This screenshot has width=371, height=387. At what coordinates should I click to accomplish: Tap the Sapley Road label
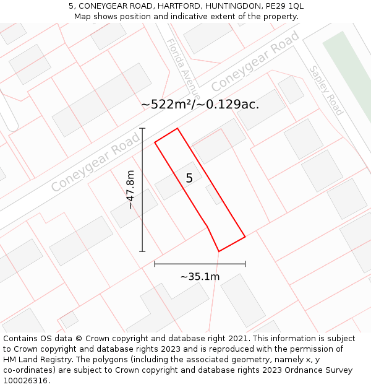click(x=326, y=90)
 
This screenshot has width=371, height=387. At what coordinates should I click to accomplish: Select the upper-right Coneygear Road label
click(x=255, y=61)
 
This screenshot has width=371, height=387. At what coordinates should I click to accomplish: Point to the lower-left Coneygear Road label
click(x=95, y=163)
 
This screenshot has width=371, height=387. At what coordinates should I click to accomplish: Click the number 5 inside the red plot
click(x=189, y=178)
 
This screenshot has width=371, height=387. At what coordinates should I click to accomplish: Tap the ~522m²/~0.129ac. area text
click(x=200, y=105)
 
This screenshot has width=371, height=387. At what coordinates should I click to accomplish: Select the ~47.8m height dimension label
click(x=130, y=189)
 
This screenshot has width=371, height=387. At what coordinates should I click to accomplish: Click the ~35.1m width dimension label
click(x=200, y=277)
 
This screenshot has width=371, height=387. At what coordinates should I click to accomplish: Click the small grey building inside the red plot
click(x=213, y=194)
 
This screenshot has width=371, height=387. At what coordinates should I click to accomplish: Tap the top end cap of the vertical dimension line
click(x=142, y=128)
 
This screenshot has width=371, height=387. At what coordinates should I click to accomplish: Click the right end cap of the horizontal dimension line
click(x=245, y=264)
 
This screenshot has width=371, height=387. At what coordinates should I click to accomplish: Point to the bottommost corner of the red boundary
click(x=219, y=251)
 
